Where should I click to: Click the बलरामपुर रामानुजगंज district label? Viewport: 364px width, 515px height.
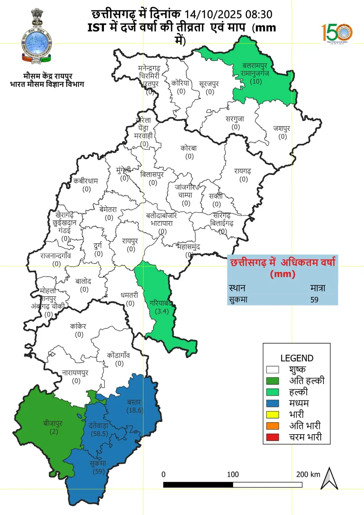click(255, 73)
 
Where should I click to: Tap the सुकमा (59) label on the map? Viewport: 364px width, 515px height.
click(98, 467)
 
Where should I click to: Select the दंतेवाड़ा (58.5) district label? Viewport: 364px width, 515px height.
click(99, 429)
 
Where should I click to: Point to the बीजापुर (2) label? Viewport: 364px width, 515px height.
click(53, 427)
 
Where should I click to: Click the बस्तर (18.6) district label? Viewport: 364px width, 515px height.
click(134, 406)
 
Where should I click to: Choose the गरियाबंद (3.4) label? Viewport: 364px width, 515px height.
click(161, 307)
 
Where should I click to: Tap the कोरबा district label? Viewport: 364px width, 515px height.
click(189, 152)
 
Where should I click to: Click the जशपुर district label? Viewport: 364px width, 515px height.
click(282, 132)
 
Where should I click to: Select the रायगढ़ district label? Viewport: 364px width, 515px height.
click(243, 175)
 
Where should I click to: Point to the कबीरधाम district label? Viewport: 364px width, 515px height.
click(86, 185)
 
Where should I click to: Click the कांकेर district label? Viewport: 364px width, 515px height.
click(79, 330)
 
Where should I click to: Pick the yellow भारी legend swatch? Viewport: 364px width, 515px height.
click(273, 414)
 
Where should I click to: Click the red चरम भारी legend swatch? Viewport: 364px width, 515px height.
click(273, 437)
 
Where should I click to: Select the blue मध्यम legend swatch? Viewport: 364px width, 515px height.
click(273, 403)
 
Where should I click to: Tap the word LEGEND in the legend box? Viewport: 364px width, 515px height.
click(297, 358)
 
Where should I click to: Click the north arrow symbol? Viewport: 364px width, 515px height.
click(329, 479)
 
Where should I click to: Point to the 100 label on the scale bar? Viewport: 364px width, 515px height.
click(233, 474)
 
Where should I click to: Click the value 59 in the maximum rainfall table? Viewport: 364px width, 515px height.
click(314, 300)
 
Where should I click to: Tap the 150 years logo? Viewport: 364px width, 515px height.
click(337, 33)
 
